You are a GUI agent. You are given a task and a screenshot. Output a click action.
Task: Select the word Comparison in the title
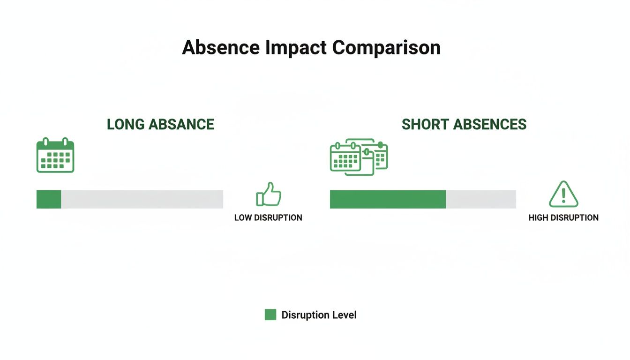coord(386,48)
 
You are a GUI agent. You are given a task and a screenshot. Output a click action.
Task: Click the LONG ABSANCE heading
coord(160,124)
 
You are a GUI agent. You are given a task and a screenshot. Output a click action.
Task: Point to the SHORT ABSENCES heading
coord(464,124)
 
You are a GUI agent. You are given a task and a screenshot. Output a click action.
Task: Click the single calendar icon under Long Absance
coord(55,156)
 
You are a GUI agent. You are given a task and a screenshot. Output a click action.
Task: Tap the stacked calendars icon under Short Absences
coord(359,157)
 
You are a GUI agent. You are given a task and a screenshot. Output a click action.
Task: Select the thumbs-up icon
coord(268,195)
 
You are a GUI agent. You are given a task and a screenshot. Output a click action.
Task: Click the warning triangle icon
coord(563,195)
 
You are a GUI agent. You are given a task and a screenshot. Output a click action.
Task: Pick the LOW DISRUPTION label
coord(268,217)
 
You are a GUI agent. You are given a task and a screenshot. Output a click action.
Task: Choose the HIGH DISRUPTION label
coord(563,217)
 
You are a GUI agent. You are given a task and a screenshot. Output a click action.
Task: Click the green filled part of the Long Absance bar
coord(49,199)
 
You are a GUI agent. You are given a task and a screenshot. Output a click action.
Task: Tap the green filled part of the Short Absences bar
coord(388,199)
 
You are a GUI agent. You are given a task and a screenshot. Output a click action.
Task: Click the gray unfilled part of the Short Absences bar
coord(481,199)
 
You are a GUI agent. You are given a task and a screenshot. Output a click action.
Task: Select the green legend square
coord(270,315)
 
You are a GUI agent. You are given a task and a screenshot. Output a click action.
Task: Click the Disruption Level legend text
coord(319,315)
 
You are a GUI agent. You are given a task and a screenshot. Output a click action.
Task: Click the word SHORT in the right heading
coord(423,124)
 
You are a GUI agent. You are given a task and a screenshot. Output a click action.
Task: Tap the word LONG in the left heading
coord(126,124)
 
